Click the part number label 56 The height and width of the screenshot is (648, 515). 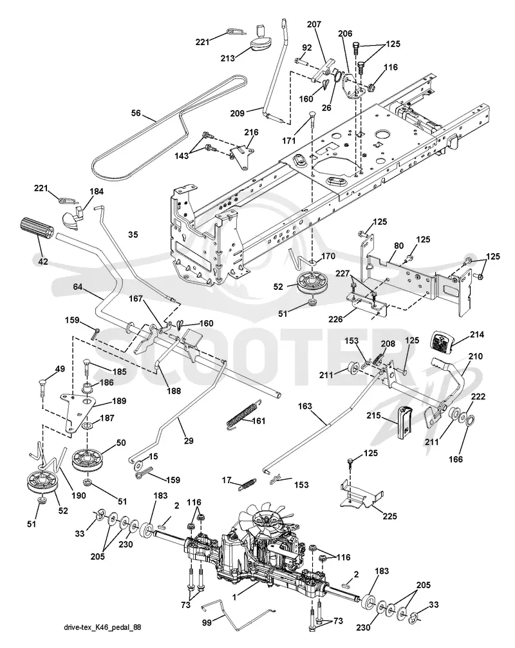point(136,113)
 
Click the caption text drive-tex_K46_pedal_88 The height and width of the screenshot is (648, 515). point(102,627)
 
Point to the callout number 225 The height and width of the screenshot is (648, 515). point(389,516)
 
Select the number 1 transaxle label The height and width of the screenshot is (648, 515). point(234,596)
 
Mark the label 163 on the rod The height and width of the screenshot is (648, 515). point(304,406)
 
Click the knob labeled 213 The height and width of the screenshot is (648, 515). point(261,41)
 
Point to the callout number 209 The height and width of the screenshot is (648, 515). point(237,112)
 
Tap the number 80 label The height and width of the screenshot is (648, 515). point(398,245)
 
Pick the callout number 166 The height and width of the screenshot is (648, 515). point(456,459)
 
